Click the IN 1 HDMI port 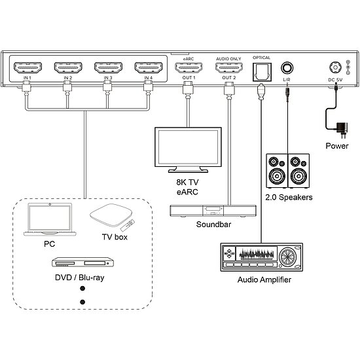28,67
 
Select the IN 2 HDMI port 68,67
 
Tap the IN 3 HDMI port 108,67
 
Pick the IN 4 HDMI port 148,67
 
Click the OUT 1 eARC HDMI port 189,67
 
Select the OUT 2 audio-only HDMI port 228,67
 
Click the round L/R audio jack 287,68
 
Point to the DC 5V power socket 334,68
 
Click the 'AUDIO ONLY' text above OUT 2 228,58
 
